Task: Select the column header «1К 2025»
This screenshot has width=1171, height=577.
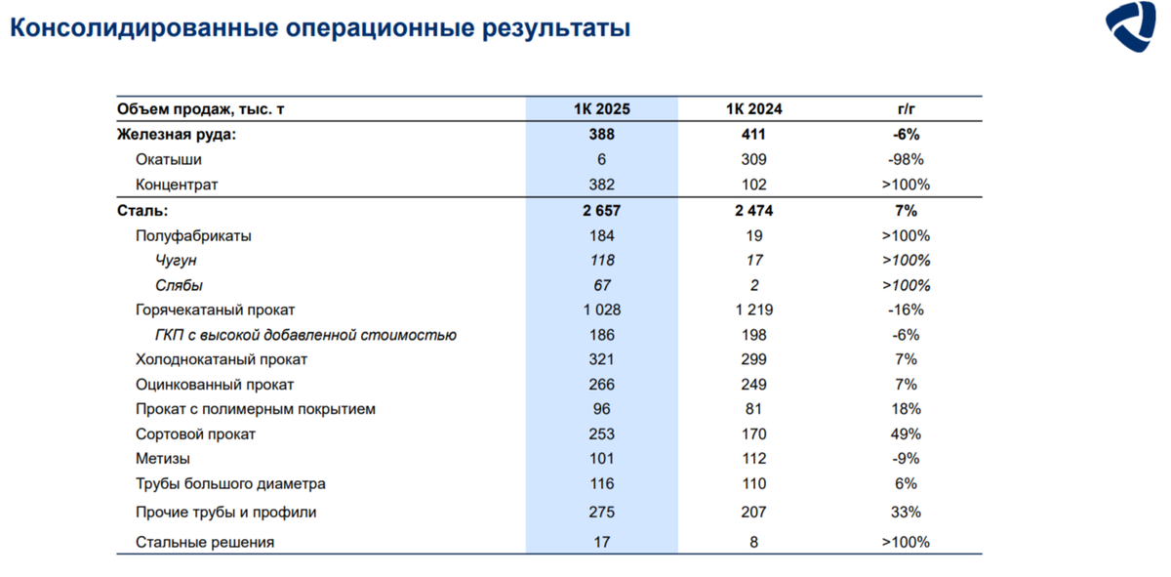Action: (x=602, y=109)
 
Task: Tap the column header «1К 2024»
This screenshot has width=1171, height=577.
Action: (x=753, y=109)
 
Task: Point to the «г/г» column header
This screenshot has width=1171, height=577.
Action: (x=904, y=109)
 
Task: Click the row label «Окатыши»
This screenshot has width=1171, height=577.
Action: (x=169, y=159)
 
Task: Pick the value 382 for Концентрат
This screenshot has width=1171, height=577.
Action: (x=602, y=185)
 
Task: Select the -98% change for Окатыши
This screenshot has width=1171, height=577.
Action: (x=905, y=159)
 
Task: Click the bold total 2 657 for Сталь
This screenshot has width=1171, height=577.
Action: (x=602, y=211)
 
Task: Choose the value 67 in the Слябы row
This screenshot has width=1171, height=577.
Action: (x=602, y=286)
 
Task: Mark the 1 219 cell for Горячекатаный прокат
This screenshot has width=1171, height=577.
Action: (x=753, y=310)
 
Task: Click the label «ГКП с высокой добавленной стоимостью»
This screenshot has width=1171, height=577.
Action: (x=305, y=335)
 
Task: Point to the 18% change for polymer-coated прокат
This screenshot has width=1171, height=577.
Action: (x=905, y=410)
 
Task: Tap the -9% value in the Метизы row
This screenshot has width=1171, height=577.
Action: (x=905, y=459)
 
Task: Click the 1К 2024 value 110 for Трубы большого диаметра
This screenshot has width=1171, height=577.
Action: (x=753, y=484)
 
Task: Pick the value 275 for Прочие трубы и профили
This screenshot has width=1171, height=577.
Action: (x=602, y=512)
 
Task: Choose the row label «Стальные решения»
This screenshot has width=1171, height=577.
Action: (x=205, y=542)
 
